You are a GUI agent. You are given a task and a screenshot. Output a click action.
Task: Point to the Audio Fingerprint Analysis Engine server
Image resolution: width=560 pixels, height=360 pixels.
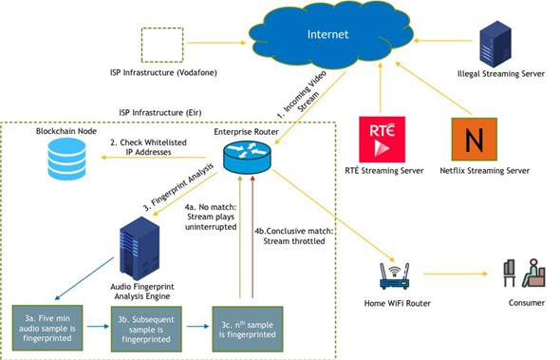pyautogui.click(x=140, y=250)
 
